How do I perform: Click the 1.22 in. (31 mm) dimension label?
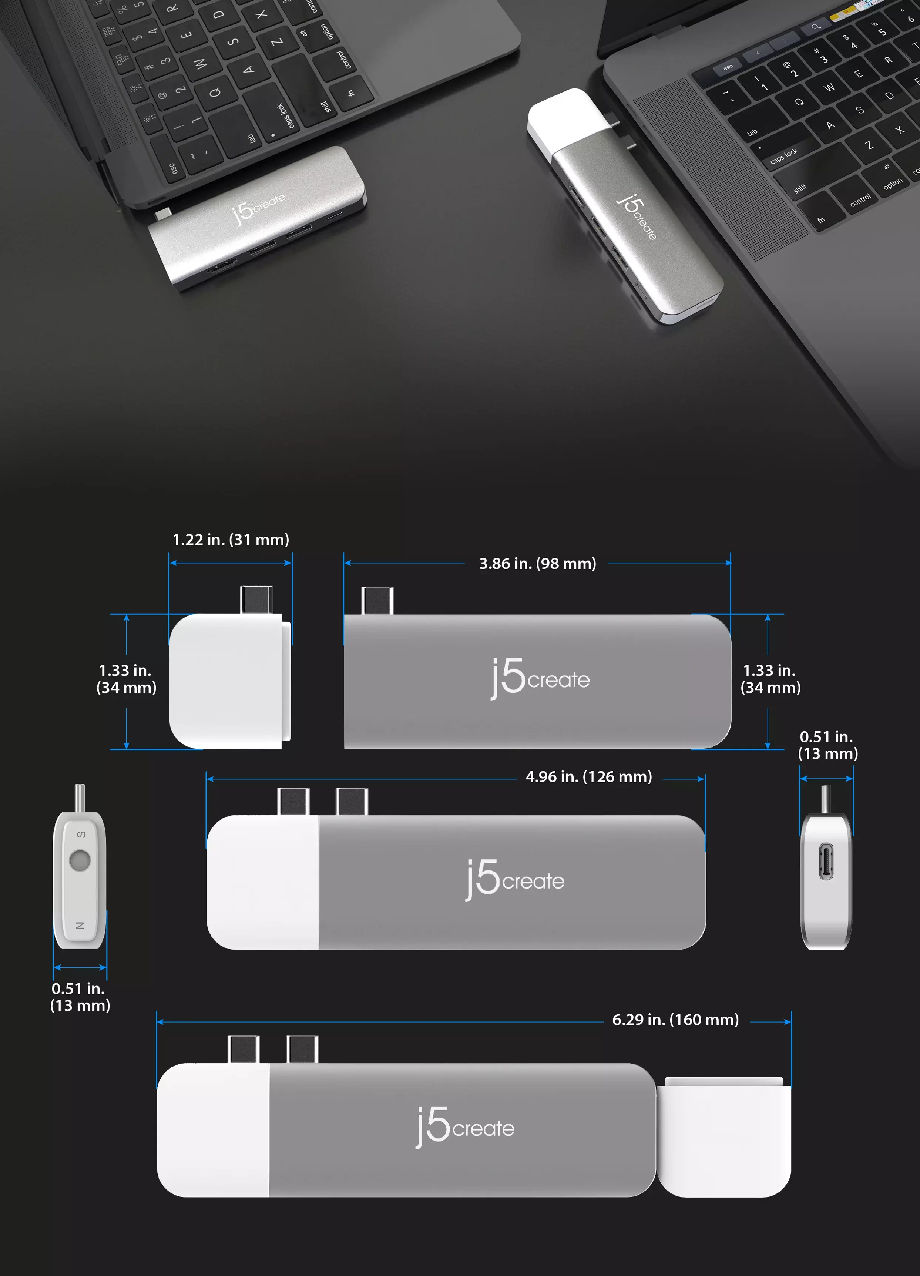[x=231, y=540]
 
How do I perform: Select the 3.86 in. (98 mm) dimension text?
[x=537, y=564]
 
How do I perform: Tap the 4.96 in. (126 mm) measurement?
[x=588, y=777]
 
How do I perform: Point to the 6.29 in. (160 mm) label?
[x=675, y=1020]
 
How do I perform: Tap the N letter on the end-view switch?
[x=80, y=925]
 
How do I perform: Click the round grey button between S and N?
[x=80, y=860]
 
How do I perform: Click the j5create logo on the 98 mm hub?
[x=540, y=678]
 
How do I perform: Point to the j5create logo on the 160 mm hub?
[x=465, y=1127]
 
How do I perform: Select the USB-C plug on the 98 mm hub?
[x=377, y=600]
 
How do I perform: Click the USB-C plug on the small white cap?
[x=256, y=600]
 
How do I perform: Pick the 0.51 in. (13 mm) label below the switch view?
[x=80, y=997]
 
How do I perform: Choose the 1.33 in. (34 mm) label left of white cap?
[x=126, y=679]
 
